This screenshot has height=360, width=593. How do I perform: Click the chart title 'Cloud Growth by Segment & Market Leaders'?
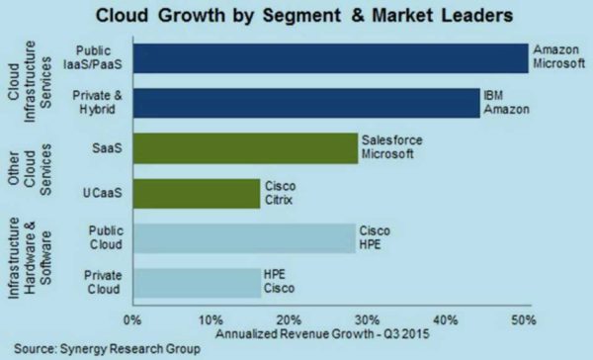pos(296,17)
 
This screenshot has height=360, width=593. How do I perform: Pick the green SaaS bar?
pos(243,148)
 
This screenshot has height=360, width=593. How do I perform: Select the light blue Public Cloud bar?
pos(242,237)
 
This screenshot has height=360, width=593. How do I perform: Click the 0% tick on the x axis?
pos(131,319)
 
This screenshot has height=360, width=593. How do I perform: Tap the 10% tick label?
pos(210,319)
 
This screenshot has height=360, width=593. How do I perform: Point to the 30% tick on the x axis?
pos(367,319)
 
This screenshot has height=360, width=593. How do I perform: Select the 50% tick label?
pos(524,319)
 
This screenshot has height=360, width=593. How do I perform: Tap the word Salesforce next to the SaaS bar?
pos(392,140)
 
